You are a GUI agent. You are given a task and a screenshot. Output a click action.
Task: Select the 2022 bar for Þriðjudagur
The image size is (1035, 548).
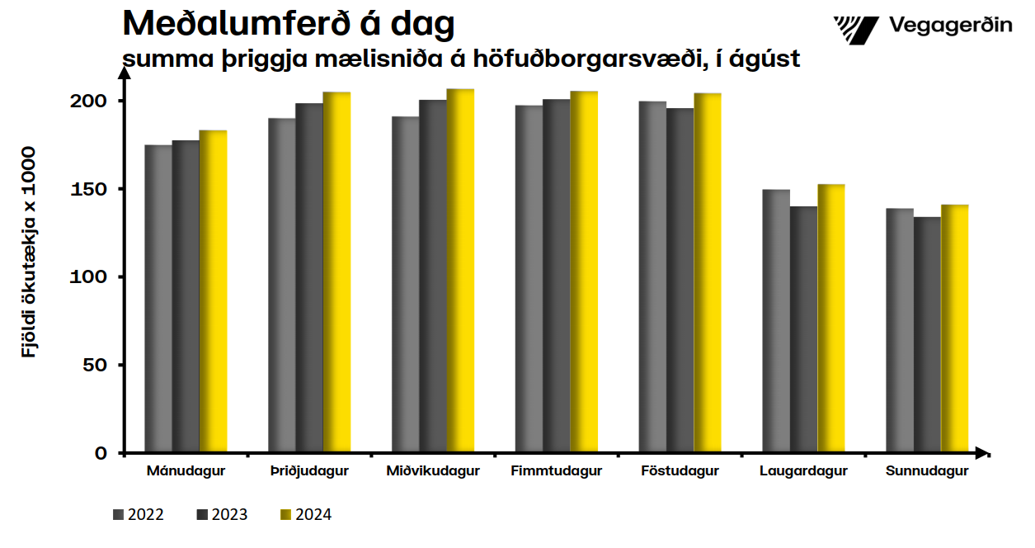(x=282, y=286)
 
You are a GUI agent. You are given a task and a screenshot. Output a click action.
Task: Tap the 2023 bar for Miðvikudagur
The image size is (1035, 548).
(x=433, y=276)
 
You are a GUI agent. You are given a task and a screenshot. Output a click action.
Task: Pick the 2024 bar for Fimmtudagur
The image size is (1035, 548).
(x=584, y=272)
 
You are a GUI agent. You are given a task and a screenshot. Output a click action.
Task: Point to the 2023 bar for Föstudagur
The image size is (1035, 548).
(x=680, y=281)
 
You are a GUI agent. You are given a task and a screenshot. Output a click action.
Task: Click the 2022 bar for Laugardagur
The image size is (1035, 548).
(x=776, y=321)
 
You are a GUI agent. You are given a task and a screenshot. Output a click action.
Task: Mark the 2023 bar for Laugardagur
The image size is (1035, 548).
(x=804, y=329)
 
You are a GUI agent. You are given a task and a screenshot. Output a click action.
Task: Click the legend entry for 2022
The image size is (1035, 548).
(x=139, y=515)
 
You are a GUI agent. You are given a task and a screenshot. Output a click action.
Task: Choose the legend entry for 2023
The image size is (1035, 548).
(x=222, y=515)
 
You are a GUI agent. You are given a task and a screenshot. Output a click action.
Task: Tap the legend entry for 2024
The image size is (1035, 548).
(x=306, y=515)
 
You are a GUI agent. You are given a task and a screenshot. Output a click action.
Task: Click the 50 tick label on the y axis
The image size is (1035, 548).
(x=97, y=365)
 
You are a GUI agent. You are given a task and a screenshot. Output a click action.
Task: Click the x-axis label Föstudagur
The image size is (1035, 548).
(x=680, y=471)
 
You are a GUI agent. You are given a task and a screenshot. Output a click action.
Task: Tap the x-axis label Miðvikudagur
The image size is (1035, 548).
(x=433, y=471)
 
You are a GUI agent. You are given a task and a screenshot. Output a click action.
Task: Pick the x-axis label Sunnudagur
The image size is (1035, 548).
(x=927, y=471)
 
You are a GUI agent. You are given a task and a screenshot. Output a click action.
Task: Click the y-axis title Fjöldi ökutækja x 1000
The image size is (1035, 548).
(x=30, y=252)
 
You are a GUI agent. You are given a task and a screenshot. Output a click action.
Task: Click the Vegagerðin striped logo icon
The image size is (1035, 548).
(x=857, y=30)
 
